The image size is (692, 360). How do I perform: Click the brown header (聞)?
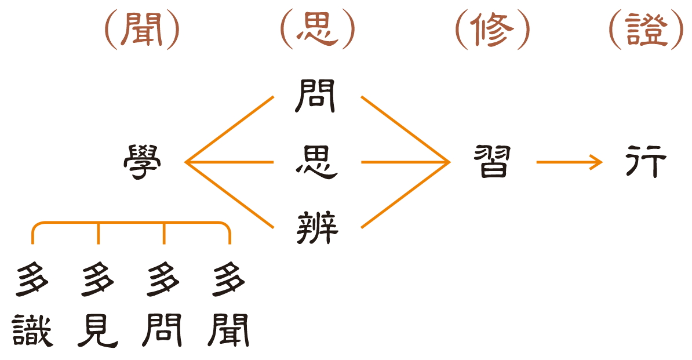tap(142, 30)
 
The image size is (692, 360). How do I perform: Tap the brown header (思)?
tap(318, 30)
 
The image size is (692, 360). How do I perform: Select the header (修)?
tap(492, 30)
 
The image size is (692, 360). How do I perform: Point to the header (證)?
tap(646, 30)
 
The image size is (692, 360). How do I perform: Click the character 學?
tap(142, 162)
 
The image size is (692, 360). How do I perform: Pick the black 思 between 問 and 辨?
tap(317, 162)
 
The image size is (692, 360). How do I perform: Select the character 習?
tap(492, 162)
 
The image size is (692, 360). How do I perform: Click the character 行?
tap(646, 162)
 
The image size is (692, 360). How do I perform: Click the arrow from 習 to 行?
tap(569, 162)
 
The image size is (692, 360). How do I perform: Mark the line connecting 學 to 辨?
tap(230, 195)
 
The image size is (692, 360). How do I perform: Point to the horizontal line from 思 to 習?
tap(405, 162)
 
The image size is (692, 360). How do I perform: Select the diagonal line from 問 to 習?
tap(405, 129)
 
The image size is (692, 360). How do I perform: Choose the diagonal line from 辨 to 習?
tap(405, 195)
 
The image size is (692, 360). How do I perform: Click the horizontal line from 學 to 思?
tap(230, 162)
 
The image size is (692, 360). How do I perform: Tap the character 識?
tap(32, 330)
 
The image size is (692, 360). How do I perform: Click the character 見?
tap(98, 330)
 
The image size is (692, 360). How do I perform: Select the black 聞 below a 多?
tap(228, 330)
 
